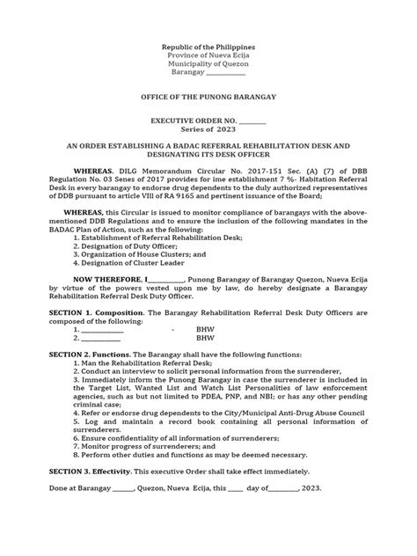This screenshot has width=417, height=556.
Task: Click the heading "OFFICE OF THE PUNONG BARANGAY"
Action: coord(208,92)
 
